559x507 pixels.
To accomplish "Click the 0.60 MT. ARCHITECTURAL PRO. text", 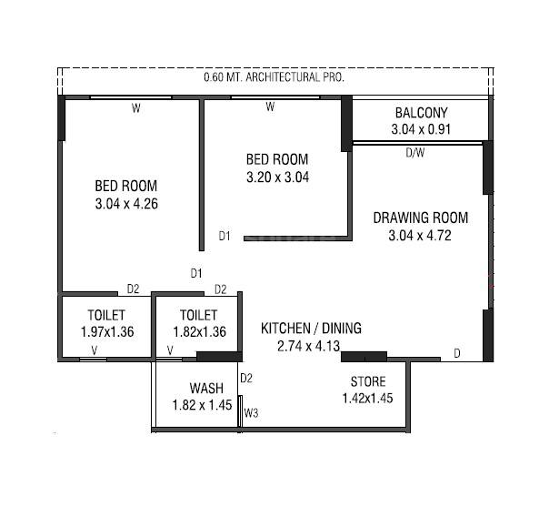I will tap(274, 78).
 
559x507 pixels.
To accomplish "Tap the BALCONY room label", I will tap(421, 113).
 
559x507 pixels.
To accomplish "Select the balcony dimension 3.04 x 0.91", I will tap(421, 130).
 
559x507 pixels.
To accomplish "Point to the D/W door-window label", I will tap(414, 153).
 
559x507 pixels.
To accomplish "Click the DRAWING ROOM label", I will tap(421, 218).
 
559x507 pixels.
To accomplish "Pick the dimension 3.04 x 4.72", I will tap(421, 235).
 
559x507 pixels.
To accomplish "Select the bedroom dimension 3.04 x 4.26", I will tap(126, 204).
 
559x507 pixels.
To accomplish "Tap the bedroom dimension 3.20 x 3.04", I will tap(277, 177).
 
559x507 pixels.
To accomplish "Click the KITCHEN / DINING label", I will tap(312, 328).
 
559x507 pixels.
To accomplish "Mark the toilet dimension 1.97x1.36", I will tap(107, 332).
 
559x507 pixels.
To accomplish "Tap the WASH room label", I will tap(206, 387).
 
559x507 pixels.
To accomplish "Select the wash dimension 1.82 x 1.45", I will tap(203, 404).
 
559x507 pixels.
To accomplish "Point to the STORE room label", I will tap(368, 381).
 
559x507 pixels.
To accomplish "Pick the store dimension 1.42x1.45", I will tap(367, 398).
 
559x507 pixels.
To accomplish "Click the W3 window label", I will tap(252, 413).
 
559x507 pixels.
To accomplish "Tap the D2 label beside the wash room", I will tap(245, 378).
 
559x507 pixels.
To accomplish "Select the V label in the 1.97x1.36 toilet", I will tap(94, 350).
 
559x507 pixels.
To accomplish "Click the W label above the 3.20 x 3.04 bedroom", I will tap(270, 107).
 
